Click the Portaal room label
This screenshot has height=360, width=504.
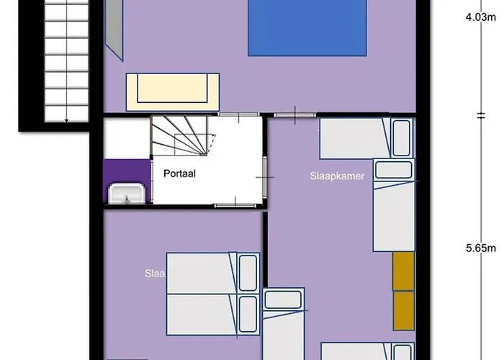click(180, 174)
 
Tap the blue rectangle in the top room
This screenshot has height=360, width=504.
click(308, 27)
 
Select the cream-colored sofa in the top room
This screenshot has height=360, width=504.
click(173, 91)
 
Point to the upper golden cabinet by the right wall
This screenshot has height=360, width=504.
click(403, 271)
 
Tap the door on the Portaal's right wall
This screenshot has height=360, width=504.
click(266, 176)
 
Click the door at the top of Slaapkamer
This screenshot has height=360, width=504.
click(295, 114)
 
